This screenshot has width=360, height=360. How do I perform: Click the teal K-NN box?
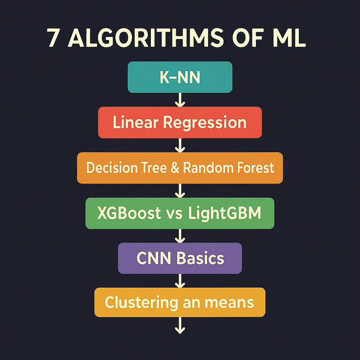(x=180, y=77)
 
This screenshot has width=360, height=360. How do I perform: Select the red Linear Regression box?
(x=180, y=122)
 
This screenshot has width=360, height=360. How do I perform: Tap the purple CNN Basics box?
(x=180, y=258)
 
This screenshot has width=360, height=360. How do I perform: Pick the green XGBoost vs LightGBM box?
(x=180, y=213)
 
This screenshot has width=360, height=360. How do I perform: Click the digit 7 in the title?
(x=53, y=38)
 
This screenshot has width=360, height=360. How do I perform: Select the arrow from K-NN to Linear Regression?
(x=180, y=100)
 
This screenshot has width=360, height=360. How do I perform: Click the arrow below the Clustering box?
(x=180, y=325)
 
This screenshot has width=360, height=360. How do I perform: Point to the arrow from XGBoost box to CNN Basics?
(x=180, y=236)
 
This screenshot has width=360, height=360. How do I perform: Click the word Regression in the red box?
(x=205, y=123)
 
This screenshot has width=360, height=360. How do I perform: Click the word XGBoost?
(x=129, y=213)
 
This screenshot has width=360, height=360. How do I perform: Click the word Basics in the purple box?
(x=200, y=258)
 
